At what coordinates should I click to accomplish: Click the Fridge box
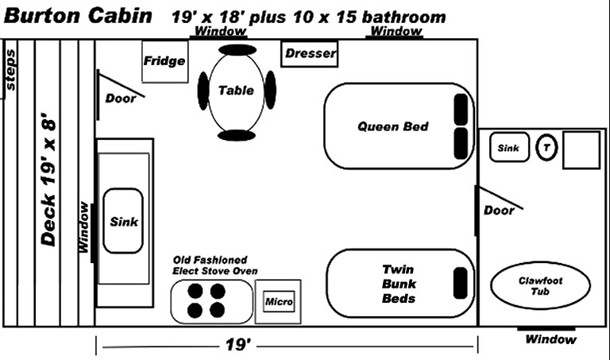point(164,60)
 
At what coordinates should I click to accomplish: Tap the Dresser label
point(311,54)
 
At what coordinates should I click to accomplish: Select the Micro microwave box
point(279,302)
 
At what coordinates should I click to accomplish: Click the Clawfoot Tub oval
point(541,286)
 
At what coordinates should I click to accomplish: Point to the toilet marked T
point(546,148)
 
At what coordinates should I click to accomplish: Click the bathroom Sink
point(508,148)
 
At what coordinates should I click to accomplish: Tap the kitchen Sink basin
point(123,221)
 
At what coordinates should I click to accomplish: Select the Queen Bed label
point(392,126)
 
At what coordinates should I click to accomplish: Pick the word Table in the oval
point(236,90)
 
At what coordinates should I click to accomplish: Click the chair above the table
point(237,49)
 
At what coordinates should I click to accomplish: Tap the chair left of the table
point(203,90)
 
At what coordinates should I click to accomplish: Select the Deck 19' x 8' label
point(48,180)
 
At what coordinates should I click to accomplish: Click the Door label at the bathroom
point(499,211)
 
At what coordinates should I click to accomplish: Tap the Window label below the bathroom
point(550,340)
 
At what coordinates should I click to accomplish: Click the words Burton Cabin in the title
point(79,15)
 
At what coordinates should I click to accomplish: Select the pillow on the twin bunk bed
point(460,282)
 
